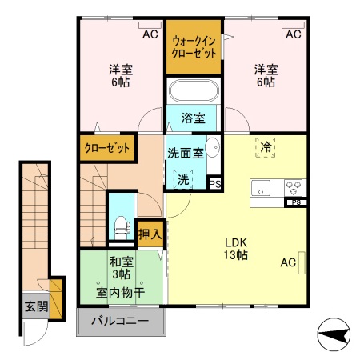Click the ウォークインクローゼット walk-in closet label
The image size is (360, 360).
[x=194, y=47]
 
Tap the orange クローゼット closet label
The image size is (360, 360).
[x=107, y=148]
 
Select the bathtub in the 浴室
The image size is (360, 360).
[x=194, y=90]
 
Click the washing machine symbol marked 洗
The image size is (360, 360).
[x=185, y=178]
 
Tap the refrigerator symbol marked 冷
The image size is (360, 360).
[x=265, y=146]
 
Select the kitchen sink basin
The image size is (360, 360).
[x=263, y=189]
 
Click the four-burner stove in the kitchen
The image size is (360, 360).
[x=294, y=188]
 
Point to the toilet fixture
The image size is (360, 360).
[x=119, y=224]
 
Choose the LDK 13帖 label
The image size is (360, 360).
[x=234, y=249]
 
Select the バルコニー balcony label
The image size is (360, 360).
[x=120, y=322]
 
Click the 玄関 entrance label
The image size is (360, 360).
[x=34, y=306]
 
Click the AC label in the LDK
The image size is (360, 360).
[x=288, y=262]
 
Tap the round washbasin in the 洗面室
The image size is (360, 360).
[x=213, y=147]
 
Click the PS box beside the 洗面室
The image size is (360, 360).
[x=214, y=183]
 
